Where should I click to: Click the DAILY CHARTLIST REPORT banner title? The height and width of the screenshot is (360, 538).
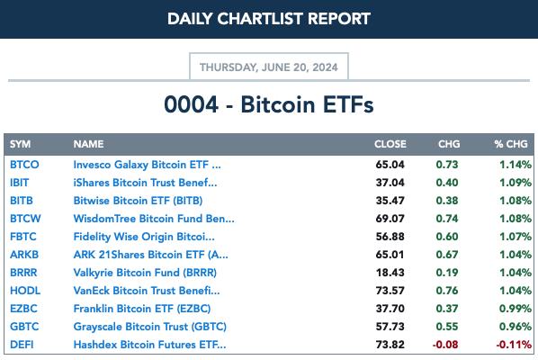click(x=269, y=19)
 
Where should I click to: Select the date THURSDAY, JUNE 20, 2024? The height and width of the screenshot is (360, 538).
click(x=269, y=67)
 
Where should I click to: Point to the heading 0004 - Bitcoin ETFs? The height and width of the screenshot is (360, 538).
click(x=269, y=104)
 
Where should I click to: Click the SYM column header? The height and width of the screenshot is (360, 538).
click(x=21, y=144)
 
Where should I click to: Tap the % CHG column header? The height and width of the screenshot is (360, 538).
click(x=511, y=144)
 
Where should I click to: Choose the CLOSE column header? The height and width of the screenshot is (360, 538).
click(x=390, y=144)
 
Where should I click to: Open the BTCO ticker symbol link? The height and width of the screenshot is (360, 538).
click(x=24, y=165)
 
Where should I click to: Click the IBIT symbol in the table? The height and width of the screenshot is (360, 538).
click(x=19, y=183)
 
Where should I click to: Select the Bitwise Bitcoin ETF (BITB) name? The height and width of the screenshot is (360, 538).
click(x=138, y=201)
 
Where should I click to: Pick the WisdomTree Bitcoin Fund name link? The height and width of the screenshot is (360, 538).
click(x=154, y=219)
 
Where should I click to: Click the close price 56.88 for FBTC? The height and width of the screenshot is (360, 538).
click(x=390, y=237)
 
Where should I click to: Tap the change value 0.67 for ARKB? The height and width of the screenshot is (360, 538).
click(x=447, y=255)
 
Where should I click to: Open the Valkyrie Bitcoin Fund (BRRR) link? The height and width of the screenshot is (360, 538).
click(x=145, y=273)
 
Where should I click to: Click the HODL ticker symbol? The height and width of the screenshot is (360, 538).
click(x=25, y=291)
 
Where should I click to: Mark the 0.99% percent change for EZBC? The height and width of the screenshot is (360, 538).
click(x=516, y=309)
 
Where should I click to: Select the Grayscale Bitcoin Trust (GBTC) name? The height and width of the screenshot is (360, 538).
click(x=150, y=327)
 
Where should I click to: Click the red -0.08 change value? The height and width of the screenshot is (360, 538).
click(x=445, y=345)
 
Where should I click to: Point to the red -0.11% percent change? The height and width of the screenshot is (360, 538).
click(x=514, y=345)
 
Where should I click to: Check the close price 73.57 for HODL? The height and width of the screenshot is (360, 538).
click(x=390, y=291)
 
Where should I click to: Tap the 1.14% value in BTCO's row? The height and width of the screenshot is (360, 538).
click(x=516, y=165)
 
